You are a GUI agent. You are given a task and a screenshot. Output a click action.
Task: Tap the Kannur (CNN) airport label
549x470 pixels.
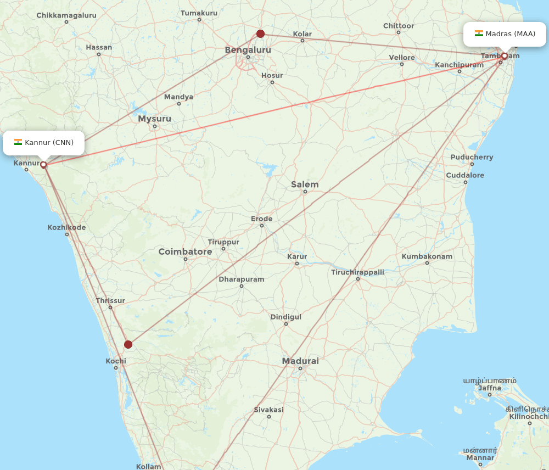pos(44,143)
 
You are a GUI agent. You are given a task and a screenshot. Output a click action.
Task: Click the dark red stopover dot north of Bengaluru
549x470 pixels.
pos(261,33)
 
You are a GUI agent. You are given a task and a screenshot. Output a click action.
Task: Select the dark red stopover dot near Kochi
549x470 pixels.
pos(128,344)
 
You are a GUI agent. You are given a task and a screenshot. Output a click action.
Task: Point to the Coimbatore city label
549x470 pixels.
pos(185,252)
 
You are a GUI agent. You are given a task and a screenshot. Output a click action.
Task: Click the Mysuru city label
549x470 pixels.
pos(154,119)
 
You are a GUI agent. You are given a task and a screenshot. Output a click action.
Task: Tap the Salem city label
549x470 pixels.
pos(305,184)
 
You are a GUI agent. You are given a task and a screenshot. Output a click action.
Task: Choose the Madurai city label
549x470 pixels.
pos(300,361)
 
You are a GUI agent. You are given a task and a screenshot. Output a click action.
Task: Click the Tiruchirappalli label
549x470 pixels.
pos(357,272)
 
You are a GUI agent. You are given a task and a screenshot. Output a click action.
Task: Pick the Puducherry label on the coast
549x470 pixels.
pos(472,158)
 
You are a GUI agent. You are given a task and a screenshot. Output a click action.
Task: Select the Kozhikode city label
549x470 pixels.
pos(66,227)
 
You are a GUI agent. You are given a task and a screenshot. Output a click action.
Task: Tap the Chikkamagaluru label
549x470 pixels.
pos(66,15)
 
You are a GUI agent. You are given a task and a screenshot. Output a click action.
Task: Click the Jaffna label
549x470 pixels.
pos(490,388)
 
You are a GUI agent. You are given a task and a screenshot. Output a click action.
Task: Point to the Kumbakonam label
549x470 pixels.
pos(427,256)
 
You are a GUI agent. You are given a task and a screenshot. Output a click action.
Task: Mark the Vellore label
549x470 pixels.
pos(402,58)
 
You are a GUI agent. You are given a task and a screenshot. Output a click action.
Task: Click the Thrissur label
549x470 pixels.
pos(110,301)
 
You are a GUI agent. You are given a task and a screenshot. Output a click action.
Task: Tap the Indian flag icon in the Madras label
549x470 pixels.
pos(479,33)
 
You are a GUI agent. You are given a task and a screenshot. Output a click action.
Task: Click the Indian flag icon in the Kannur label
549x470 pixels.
pos(18,143)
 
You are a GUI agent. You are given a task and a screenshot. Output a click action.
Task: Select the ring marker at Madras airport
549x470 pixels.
pos(505,56)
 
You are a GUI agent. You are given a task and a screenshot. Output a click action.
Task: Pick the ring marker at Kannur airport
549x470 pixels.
pos(43,164)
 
